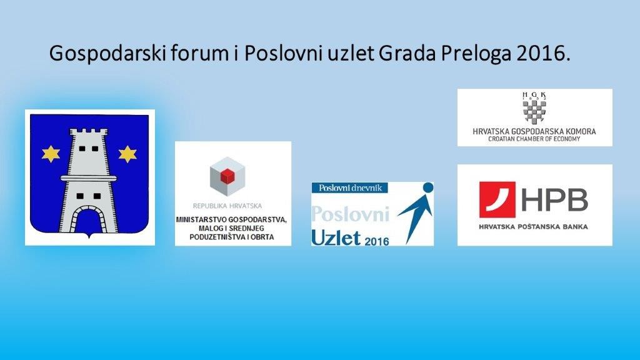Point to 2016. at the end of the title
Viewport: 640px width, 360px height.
(543, 53)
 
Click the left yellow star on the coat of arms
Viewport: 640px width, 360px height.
(51, 154)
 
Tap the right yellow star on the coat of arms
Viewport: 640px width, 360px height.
(127, 154)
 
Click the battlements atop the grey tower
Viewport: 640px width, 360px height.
(89, 132)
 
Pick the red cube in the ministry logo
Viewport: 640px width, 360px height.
(226, 176)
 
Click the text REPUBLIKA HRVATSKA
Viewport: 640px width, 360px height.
(227, 206)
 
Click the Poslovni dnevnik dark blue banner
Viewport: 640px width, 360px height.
(350, 187)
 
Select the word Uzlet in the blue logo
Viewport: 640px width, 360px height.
(336, 237)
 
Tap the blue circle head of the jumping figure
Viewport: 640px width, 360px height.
(427, 187)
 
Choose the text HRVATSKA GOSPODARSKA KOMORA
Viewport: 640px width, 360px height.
(534, 131)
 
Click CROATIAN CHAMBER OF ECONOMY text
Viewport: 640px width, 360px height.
(534, 139)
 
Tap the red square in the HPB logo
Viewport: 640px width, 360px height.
(497, 199)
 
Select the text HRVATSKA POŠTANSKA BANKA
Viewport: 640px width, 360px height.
(534, 226)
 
